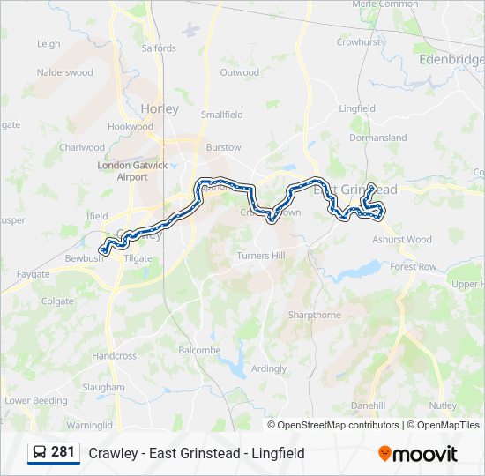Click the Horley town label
click(159, 109)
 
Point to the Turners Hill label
click(260, 255)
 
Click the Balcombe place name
click(199, 350)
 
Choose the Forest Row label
click(414, 266)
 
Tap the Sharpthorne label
click(314, 315)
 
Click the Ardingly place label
click(269, 368)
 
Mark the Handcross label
click(115, 356)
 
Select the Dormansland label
click(377, 138)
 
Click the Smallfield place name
click(221, 115)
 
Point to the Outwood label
click(239, 72)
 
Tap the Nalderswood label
click(64, 72)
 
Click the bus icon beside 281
click(41, 452)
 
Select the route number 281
click(63, 452)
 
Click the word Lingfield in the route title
click(278, 453)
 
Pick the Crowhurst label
click(357, 41)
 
